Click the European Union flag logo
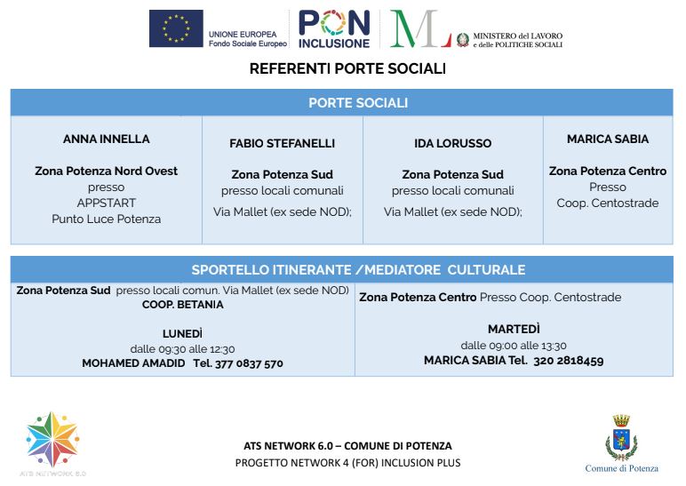pyautogui.click(x=176, y=29)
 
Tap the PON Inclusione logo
pyautogui.click(x=333, y=29)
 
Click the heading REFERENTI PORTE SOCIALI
pyautogui.click(x=347, y=68)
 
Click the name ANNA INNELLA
pyautogui.click(x=107, y=139)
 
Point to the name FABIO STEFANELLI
pyautogui.click(x=283, y=143)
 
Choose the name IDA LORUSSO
pyautogui.click(x=452, y=143)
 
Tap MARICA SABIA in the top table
pyautogui.click(x=608, y=139)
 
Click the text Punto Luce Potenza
pyautogui.click(x=107, y=219)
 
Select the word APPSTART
pyautogui.click(x=107, y=203)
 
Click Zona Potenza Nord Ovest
pyautogui.click(x=107, y=171)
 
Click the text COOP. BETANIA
pyautogui.click(x=183, y=305)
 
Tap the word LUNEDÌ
pyautogui.click(x=182, y=333)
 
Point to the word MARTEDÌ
pyautogui.click(x=514, y=330)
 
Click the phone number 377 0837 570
pyautogui.click(x=249, y=363)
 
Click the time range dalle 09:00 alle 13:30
pyautogui.click(x=514, y=346)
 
